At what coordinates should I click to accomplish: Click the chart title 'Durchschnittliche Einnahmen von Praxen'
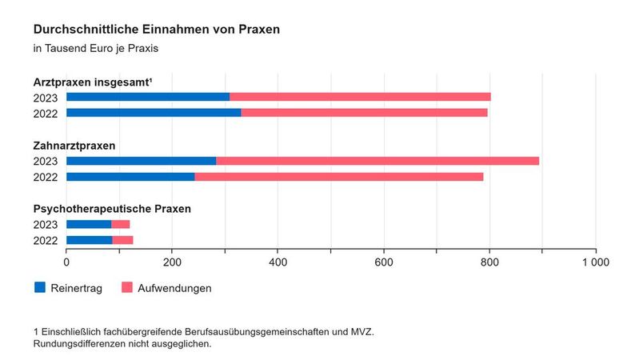[157, 30]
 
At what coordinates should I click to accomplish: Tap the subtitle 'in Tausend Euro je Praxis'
[96, 49]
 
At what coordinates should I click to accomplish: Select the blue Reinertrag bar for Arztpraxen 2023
[148, 97]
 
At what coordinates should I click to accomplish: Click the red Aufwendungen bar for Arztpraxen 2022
[364, 113]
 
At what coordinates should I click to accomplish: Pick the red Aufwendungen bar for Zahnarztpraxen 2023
[377, 161]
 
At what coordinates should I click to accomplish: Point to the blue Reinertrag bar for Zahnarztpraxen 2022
[130, 176]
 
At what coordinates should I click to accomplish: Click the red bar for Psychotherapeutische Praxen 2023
[121, 224]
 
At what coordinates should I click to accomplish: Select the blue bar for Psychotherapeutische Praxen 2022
[89, 240]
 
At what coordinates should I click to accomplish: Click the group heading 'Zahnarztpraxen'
[74, 146]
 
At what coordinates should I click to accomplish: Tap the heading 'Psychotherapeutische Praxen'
[112, 210]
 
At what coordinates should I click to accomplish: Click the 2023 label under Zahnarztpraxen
[46, 161]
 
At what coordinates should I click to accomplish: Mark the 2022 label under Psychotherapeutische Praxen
[46, 240]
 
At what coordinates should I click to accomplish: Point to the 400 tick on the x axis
[278, 262]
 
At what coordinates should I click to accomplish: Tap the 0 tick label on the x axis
[66, 262]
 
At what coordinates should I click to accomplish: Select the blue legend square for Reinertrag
[40, 287]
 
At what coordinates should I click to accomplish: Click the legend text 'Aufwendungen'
[174, 288]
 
